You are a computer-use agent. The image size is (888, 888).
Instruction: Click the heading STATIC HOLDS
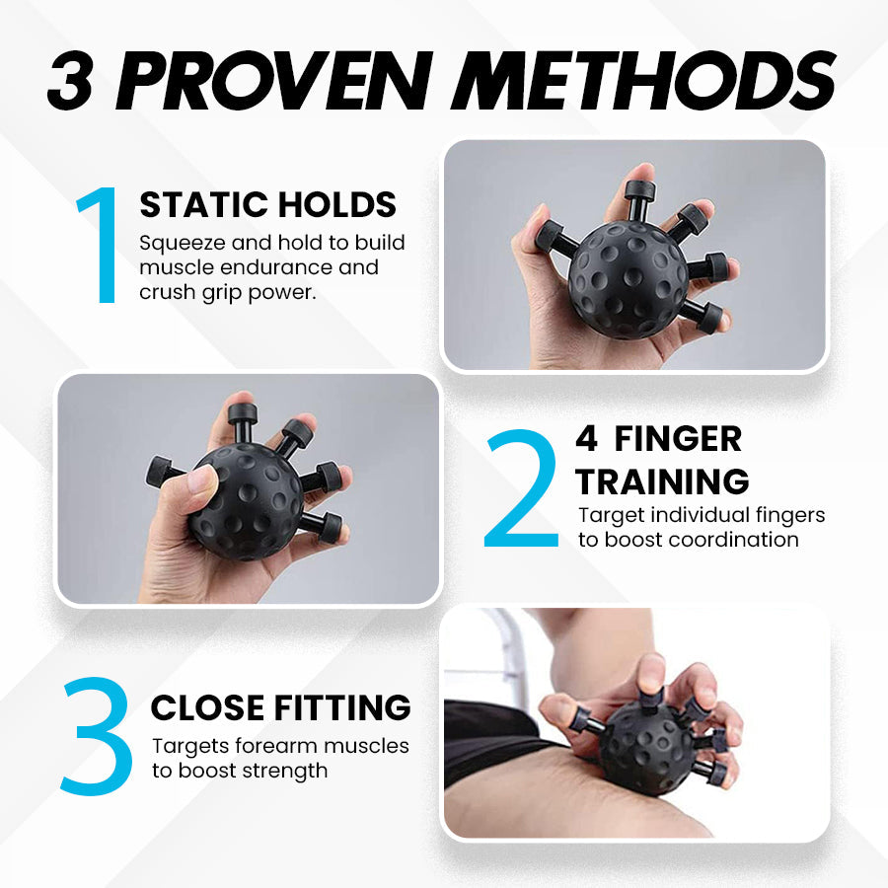coord(267,204)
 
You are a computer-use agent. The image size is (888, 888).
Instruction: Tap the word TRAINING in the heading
coord(662,481)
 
